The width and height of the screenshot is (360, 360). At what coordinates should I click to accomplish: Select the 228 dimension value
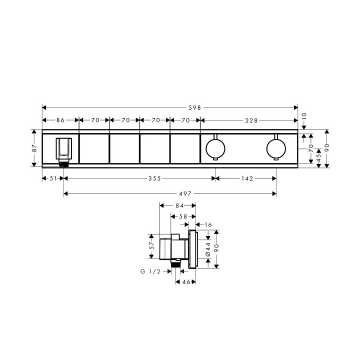point(251,120)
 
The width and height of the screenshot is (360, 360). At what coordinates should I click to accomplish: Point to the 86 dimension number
point(60,120)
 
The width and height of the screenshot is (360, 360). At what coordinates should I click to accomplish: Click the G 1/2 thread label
point(151,271)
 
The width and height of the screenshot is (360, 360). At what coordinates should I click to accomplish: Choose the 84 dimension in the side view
point(177,205)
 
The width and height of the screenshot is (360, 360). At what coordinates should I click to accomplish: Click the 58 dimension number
point(183,216)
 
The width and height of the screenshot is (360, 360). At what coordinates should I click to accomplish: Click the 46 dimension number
point(186,282)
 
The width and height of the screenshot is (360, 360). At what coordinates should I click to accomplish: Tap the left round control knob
point(215,148)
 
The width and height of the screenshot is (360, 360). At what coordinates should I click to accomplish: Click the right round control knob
point(276,148)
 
